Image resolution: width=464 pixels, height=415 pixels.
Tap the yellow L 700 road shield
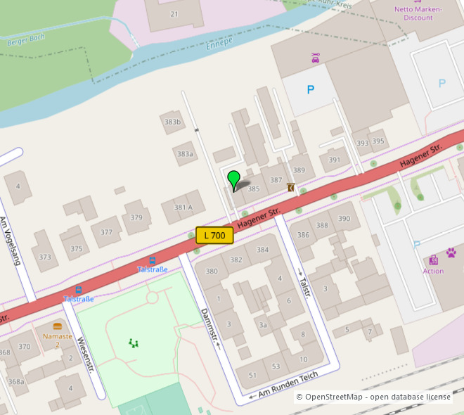(214, 236)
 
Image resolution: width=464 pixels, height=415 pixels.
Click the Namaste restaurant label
(57, 336)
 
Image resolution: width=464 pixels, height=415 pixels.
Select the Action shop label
(433, 271)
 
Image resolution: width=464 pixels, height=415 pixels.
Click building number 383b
(172, 122)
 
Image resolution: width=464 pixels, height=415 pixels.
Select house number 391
(334, 160)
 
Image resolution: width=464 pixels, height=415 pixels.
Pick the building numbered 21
(174, 14)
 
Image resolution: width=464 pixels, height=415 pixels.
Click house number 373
(45, 257)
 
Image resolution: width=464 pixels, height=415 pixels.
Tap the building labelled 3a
(262, 325)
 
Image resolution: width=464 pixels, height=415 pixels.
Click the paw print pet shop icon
(451, 252)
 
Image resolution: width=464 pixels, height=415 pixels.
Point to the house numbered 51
(253, 376)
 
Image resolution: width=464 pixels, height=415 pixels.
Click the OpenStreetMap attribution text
(373, 397)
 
